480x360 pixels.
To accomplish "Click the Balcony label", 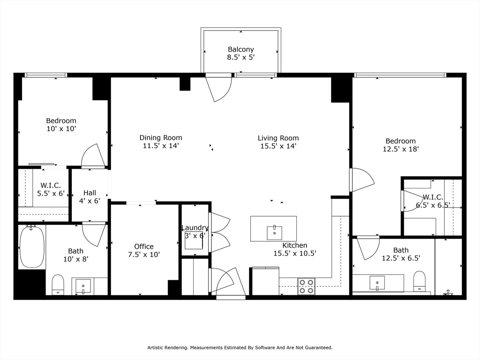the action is [x=241, y=49].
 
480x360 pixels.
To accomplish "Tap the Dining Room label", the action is [x=161, y=138].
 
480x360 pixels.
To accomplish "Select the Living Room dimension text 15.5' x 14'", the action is [x=278, y=146].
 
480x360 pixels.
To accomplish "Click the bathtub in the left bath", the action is [x=32, y=247].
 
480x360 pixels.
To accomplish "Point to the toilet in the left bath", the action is [x=58, y=285].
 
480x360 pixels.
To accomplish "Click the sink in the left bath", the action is [x=83, y=286].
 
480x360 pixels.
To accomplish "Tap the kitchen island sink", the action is [x=274, y=233].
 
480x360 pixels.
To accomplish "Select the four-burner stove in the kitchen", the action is [x=307, y=286].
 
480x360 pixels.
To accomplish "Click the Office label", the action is [x=144, y=247].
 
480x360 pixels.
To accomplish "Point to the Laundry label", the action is [x=195, y=228].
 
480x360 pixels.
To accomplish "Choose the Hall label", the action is [x=90, y=193].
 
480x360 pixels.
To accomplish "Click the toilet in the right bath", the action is [x=420, y=281].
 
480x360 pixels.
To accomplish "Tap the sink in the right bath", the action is [x=377, y=283].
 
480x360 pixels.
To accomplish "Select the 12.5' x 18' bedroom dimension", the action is [x=401, y=149].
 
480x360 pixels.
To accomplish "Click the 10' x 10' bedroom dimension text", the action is [x=61, y=128].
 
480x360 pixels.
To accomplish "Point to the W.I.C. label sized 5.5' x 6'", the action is [x=51, y=186].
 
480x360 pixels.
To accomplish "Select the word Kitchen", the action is [x=295, y=245].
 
